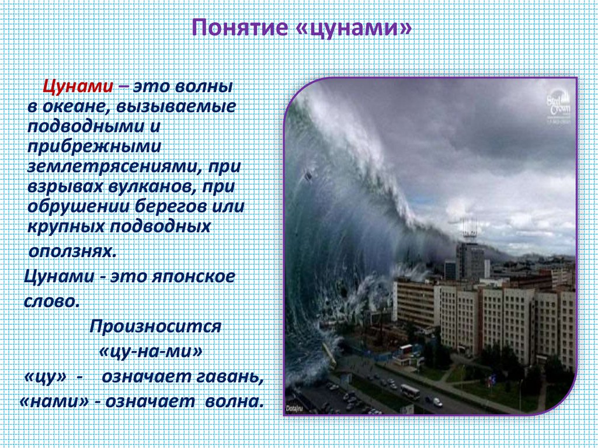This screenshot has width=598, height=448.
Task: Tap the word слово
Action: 51,302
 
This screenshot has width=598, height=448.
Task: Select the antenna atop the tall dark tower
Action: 468,228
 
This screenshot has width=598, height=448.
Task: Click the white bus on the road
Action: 409,391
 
